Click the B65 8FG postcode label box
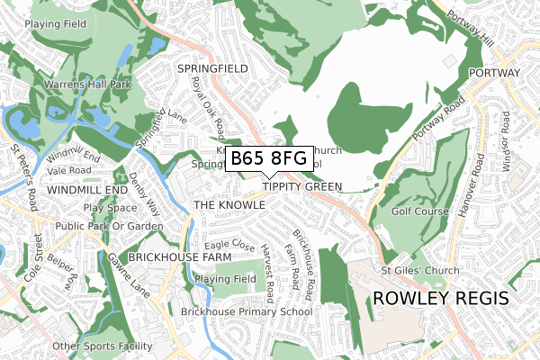[269, 159]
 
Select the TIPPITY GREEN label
[302, 187]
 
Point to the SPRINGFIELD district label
[212, 68]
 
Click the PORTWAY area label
[494, 72]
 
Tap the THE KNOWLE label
[229, 205]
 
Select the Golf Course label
[420, 212]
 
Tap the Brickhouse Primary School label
[246, 312]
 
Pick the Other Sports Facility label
[103, 346]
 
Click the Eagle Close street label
[229, 244]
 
